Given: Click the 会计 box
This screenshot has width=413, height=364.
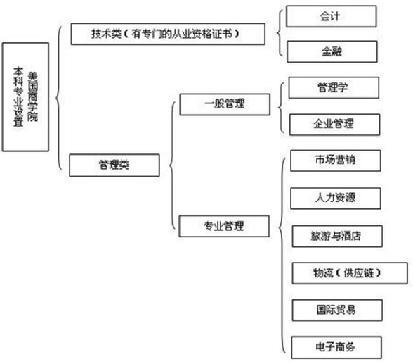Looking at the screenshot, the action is pos(331,16).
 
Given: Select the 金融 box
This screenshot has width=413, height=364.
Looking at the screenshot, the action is pos(332,51).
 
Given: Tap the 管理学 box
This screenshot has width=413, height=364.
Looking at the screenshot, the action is pos(334,88).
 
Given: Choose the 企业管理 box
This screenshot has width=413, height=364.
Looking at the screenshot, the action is pos(334,125).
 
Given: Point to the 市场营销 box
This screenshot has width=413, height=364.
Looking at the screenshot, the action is pos(335,161).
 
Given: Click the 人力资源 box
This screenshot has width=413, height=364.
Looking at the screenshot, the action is pos(335,199).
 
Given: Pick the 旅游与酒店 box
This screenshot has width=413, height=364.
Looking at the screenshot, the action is pos(337,237).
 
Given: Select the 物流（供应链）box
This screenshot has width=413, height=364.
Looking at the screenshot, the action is pos(350,273).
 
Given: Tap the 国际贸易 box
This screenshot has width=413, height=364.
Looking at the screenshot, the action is pos(337,310).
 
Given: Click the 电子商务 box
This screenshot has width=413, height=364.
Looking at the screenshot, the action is pos(336,347).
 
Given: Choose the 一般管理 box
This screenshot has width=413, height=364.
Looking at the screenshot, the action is pos(225,104).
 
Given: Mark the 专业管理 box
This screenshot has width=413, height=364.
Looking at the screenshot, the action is pos(224,226).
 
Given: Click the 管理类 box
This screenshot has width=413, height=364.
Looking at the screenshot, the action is pos(114,165).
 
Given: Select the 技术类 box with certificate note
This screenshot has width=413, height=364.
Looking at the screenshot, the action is pos(168,34).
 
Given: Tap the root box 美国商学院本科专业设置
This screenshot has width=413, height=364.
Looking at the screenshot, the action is pos(25,97).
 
